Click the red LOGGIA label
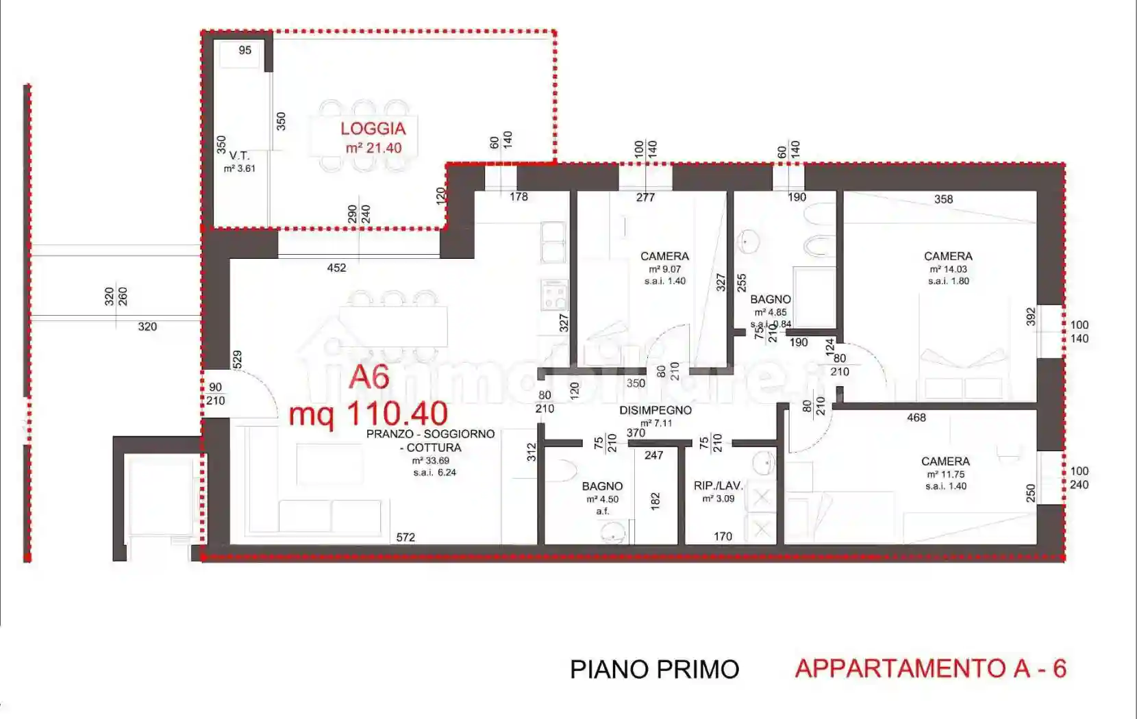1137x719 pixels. [373, 128]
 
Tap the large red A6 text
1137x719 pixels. [369, 377]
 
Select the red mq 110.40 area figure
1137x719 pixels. [368, 414]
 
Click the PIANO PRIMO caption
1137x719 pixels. [654, 669]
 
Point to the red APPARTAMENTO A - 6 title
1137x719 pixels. [930, 668]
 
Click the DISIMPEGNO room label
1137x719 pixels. [655, 410]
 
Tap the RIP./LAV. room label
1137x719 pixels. [718, 485]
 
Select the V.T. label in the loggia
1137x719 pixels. [239, 155]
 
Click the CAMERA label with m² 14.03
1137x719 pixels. [948, 256]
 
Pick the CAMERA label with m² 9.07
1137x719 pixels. [664, 256]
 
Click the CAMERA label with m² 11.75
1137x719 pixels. [945, 462]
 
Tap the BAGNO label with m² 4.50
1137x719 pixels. [602, 486]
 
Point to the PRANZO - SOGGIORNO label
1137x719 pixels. [430, 434]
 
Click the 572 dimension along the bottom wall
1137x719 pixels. [405, 538]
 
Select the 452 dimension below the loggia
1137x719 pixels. [336, 268]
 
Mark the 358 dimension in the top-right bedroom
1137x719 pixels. [943, 199]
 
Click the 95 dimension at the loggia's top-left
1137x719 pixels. [245, 50]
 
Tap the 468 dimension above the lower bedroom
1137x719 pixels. [916, 418]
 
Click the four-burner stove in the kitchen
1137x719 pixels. [554, 295]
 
